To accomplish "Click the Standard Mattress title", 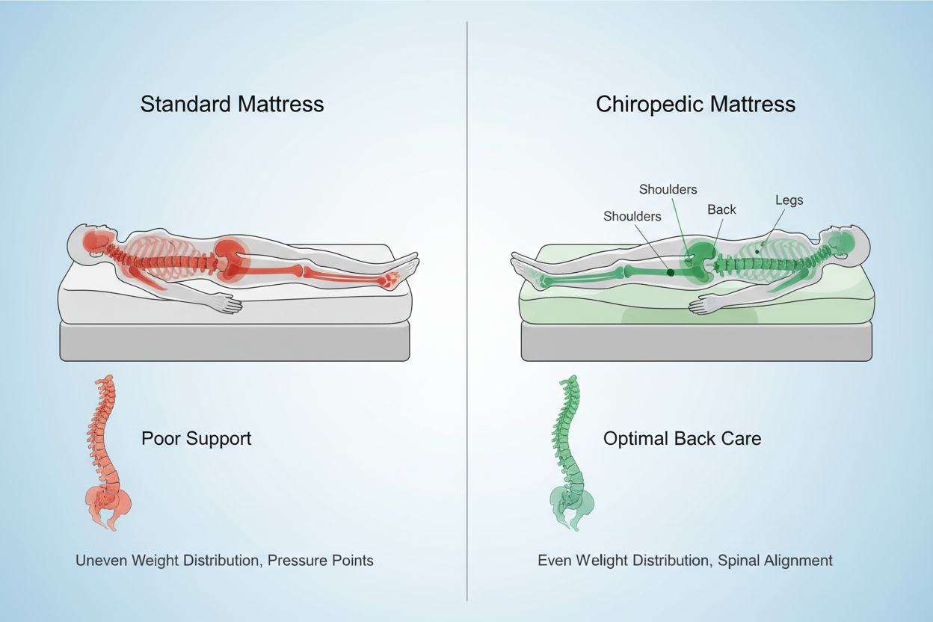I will [232, 103].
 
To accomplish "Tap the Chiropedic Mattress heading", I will [695, 103].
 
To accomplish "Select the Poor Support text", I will [196, 438].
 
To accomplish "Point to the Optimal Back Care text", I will [682, 438].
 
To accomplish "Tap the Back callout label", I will [721, 210].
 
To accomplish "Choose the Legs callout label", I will [789, 200].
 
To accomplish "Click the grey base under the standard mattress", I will [234, 342].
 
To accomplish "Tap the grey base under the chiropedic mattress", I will [695, 342].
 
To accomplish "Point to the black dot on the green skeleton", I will [670, 273].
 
